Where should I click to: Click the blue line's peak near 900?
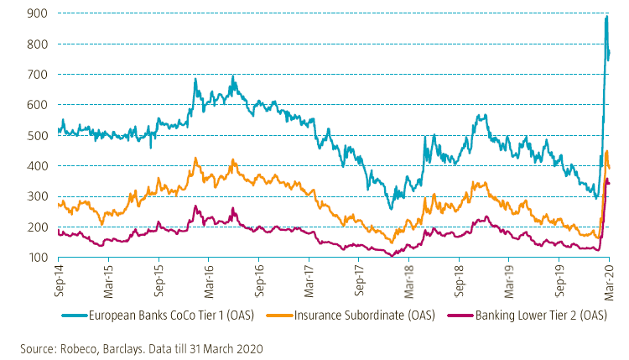606,16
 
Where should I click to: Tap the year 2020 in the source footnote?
249,346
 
